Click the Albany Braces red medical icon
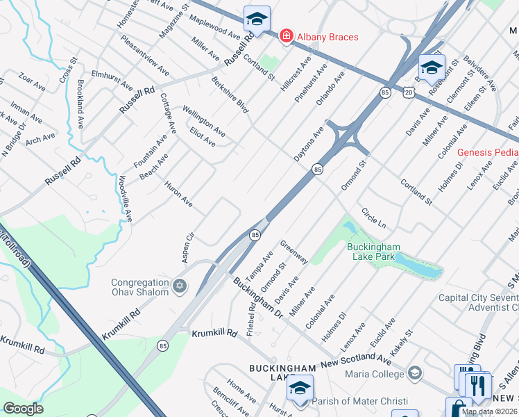pos(285,36)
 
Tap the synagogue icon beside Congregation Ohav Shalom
pos(180,286)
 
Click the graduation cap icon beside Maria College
pos(415,374)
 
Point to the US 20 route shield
pos(408,91)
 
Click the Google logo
pos(23,409)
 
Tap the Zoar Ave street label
pos(32,83)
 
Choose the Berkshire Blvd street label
pos(230,95)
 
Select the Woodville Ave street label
pos(124,199)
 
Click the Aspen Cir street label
pos(187,247)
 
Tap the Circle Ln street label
pos(373,218)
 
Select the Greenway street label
pos(294,252)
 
